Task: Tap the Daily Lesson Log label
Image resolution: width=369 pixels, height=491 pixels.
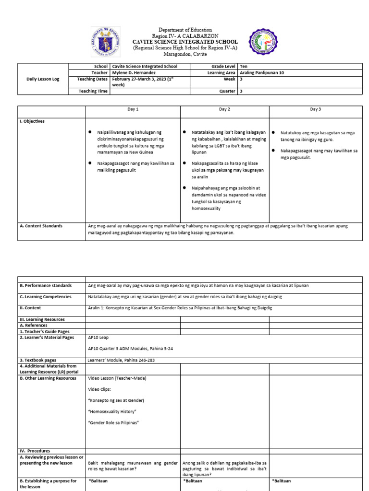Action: click(43, 79)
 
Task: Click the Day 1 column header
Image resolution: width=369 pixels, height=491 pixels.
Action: click(133, 109)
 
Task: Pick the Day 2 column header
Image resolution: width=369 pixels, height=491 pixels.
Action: click(224, 109)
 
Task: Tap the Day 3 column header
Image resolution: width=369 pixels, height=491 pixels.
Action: click(315, 109)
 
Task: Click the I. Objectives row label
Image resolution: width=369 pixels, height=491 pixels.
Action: click(32, 121)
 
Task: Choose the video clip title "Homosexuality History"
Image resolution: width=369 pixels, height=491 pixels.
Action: click(113, 411)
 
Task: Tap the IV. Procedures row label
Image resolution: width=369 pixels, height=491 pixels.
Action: click(35, 451)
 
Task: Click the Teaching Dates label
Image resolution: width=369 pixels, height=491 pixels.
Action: click(93, 79)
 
